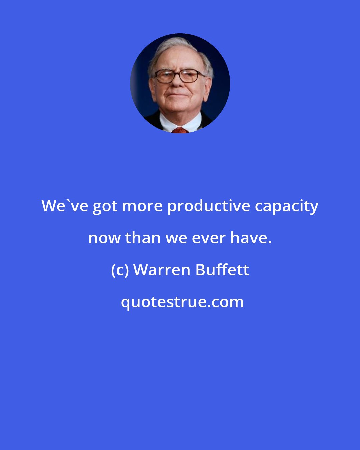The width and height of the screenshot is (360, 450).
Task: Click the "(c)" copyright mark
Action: pos(120,270)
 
